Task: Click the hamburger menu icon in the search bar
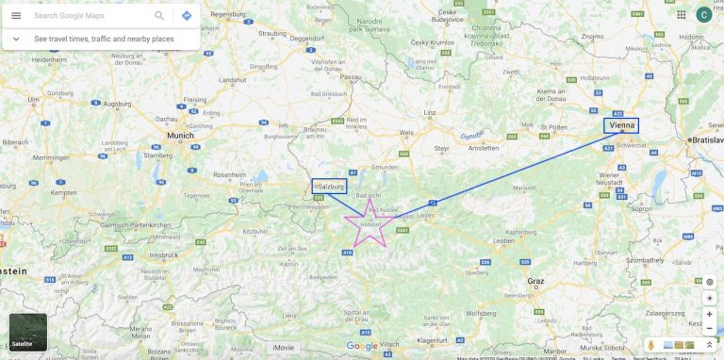click(16, 15)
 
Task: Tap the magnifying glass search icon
click(159, 15)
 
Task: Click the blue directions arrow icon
click(187, 15)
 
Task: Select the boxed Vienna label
click(621, 125)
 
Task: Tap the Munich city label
click(180, 136)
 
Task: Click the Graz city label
click(536, 281)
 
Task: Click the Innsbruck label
click(166, 255)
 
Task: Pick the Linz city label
click(429, 113)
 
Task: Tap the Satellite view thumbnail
click(27, 333)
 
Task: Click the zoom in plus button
click(709, 314)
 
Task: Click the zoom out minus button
click(709, 328)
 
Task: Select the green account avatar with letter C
click(703, 14)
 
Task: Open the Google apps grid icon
click(681, 14)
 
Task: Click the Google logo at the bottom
click(362, 346)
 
